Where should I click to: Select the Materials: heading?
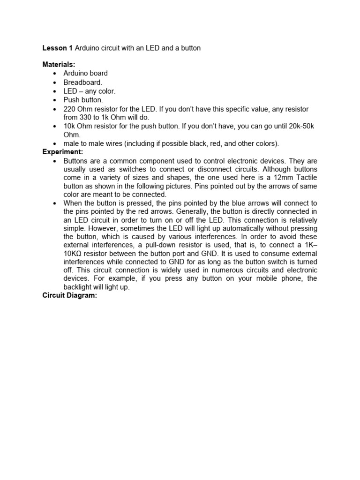click(59, 65)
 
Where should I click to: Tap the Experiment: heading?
click(63, 152)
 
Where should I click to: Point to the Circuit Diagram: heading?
click(69, 295)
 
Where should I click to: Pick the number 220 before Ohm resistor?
click(69, 109)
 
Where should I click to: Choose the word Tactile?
click(305, 178)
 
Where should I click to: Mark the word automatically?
click(246, 228)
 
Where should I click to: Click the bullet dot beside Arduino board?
click(55, 74)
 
